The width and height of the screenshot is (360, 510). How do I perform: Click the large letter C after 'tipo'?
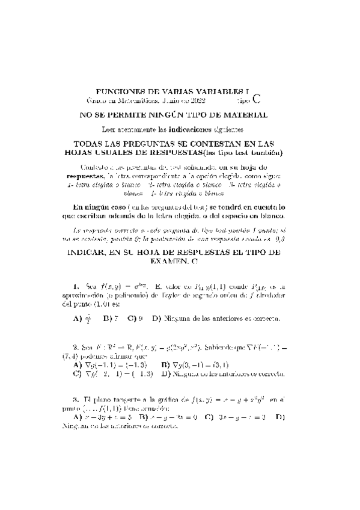257,99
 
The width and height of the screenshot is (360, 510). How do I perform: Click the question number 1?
75,286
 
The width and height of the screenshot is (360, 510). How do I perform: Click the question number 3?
75,399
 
